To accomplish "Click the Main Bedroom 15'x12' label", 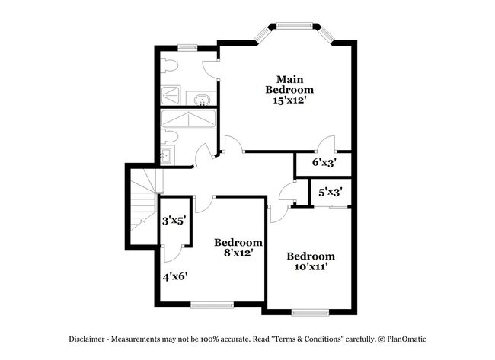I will [x=289, y=90].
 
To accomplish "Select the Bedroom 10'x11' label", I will [x=310, y=261].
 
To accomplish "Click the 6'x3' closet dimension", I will [x=324, y=162].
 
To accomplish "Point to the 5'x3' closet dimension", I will [x=331, y=192].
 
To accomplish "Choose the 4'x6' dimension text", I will [x=174, y=276].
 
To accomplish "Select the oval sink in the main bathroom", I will [x=203, y=100].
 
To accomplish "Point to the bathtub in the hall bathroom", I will [x=189, y=120].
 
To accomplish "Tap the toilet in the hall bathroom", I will [x=171, y=138].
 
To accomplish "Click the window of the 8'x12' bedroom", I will [x=211, y=305].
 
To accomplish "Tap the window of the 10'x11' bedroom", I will [x=309, y=311].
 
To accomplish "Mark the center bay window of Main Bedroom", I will [x=297, y=27].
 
